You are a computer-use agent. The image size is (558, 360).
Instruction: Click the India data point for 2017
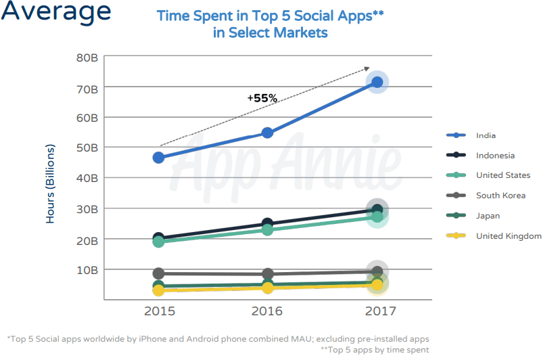pos(377,83)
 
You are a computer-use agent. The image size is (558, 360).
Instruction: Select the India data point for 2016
pos(268,133)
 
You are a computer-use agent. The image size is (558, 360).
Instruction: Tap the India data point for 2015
pos(158,158)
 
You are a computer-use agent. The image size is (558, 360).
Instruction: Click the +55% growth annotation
pos(262,98)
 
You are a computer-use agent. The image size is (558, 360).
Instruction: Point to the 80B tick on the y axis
pos(87,58)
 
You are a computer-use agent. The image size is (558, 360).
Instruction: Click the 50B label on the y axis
pos(87,148)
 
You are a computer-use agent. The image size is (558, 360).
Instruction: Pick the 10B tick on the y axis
pos(87,270)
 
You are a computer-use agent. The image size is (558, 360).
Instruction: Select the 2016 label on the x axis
pos(268,312)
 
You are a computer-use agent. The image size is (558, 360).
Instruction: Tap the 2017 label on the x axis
pos(377,312)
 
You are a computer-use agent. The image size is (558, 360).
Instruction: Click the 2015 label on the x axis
pos(158,312)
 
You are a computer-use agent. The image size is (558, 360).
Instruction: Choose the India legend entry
pos(485,135)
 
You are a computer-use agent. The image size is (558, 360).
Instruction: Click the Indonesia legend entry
pos(494,156)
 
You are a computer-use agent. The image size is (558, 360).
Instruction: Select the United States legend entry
pos(503,175)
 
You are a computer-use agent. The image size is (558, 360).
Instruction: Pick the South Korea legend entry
pos(501,196)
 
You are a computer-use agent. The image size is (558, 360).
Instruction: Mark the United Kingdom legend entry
pos(508,236)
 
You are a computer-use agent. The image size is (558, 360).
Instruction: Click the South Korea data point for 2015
pos(158,273)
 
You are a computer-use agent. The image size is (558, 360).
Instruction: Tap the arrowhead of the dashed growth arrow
pos(367,68)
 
